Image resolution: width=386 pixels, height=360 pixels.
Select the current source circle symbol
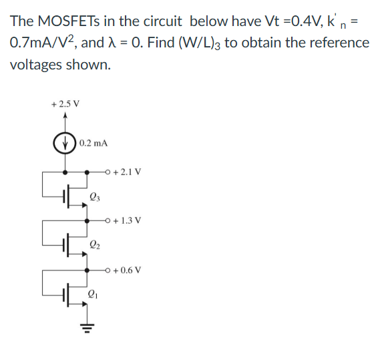65,144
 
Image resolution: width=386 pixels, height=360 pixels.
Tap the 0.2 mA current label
93,144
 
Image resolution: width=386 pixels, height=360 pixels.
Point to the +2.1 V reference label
127,172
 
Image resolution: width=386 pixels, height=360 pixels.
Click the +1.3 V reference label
127,220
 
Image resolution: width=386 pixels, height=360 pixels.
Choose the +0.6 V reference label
127,271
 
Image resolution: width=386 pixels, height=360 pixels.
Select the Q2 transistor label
94,245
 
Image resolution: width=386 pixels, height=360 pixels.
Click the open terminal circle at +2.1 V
110,172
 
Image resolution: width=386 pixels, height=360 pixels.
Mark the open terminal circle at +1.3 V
110,220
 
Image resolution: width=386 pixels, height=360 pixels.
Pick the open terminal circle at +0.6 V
110,271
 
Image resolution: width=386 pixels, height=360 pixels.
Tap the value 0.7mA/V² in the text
43,44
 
